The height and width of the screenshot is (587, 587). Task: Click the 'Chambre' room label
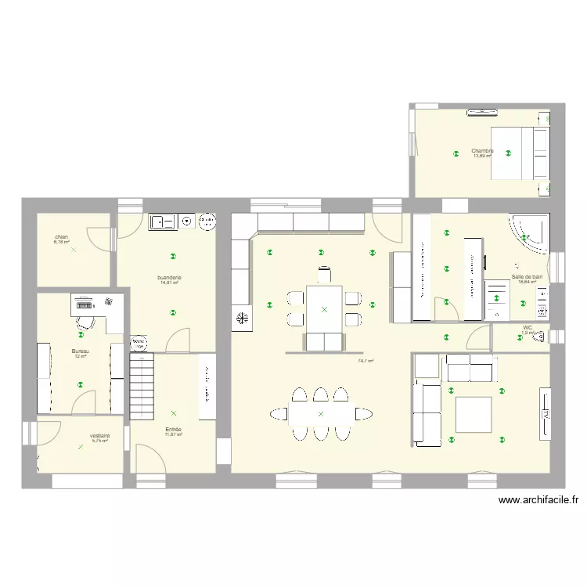(x=482, y=150)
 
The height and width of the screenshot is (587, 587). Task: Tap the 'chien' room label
(x=61, y=236)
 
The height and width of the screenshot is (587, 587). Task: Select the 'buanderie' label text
(x=170, y=277)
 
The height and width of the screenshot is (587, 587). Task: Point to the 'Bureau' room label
(x=80, y=351)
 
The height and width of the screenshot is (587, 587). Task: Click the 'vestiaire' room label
(x=99, y=436)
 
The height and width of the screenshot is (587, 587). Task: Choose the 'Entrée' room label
(x=173, y=429)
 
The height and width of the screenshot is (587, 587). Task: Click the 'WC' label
(x=528, y=328)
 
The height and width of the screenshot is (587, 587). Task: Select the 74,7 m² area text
(x=366, y=362)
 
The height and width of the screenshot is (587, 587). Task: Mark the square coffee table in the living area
(x=473, y=415)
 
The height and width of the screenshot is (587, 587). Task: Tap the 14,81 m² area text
(x=170, y=283)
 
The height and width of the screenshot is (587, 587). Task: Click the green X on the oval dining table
(x=320, y=413)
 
